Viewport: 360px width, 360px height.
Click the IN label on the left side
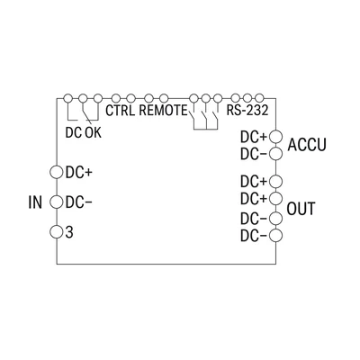point(35,202)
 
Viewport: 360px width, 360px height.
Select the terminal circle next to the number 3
point(57,231)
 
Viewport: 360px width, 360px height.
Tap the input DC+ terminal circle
point(57,172)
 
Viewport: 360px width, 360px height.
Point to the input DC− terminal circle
point(57,202)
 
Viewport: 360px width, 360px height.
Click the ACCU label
point(307,145)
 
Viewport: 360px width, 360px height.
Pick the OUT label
point(301,209)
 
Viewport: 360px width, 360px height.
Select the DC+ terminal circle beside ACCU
point(275,137)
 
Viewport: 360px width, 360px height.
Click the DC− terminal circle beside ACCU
point(275,154)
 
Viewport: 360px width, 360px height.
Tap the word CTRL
point(120,111)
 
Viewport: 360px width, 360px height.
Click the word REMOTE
point(163,111)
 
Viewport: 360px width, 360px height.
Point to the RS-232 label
point(247,111)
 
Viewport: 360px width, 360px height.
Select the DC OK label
point(84,132)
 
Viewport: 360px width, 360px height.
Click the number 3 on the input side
point(69,232)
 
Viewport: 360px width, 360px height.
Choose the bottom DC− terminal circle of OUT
point(275,236)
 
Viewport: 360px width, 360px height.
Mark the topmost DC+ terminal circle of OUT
point(275,181)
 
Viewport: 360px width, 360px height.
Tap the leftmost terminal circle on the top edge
point(68,98)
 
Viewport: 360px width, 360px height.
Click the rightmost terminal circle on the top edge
point(259,98)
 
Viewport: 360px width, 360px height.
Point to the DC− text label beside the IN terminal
point(79,202)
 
